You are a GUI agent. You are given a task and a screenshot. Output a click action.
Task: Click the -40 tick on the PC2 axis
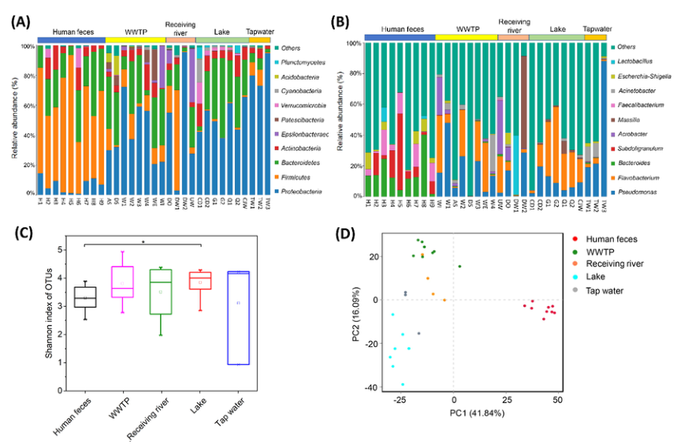click(x=370, y=387)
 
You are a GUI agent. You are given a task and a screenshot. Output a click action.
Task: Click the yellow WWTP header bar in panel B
click(x=466, y=36)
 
